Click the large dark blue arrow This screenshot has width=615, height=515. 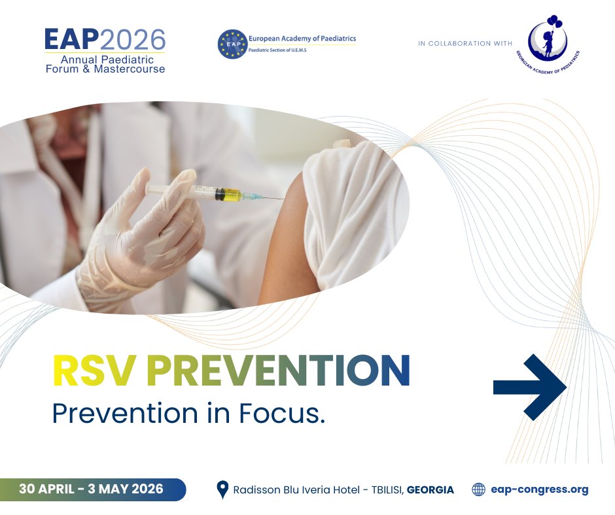pos(529,387)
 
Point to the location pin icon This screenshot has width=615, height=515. pos(222,490)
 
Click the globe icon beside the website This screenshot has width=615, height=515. pos(479,490)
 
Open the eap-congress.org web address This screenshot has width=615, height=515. pos(539,490)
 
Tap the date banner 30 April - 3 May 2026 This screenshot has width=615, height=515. pos(92,490)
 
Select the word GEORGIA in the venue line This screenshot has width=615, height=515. pos(430,490)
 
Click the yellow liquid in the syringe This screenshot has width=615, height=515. pos(230,194)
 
